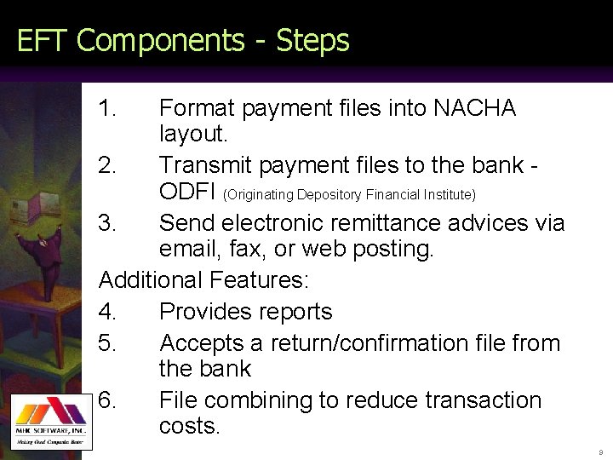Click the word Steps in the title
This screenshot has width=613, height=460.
click(313, 40)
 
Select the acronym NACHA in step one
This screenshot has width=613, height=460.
click(474, 109)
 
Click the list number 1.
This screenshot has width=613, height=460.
click(107, 109)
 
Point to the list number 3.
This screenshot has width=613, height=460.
click(108, 223)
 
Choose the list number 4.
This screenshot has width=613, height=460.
click(108, 312)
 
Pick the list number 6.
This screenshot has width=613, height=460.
click(108, 400)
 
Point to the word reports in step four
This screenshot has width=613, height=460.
click(295, 312)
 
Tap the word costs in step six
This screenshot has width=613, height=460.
click(189, 426)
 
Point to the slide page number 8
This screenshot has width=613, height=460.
click(599, 451)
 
